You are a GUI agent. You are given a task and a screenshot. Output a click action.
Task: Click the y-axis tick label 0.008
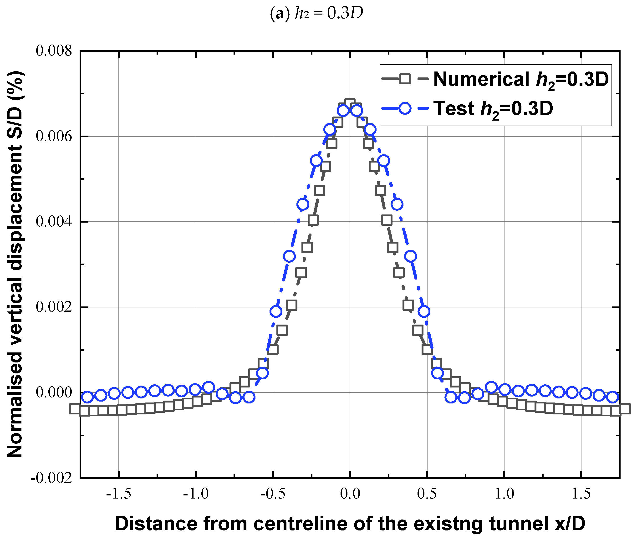(54, 51)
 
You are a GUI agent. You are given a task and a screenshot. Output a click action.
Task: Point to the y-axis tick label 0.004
(54, 221)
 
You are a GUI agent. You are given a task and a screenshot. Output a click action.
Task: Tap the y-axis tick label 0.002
(54, 307)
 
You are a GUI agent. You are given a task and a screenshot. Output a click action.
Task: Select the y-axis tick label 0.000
(54, 392)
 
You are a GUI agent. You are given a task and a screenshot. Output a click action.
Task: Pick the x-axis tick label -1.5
(118, 494)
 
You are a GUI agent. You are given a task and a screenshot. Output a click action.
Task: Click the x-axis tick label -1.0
(196, 494)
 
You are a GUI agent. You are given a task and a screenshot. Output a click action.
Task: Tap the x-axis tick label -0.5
(273, 494)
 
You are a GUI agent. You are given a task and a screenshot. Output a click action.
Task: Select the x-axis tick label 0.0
(350, 494)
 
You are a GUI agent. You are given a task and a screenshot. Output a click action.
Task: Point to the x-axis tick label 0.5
(427, 494)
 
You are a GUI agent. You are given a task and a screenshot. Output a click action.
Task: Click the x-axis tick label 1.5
(581, 494)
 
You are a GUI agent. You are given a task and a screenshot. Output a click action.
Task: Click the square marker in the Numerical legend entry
(405, 79)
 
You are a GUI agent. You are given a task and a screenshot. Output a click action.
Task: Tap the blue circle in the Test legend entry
(405, 108)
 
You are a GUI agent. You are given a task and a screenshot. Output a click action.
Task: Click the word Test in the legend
(454, 108)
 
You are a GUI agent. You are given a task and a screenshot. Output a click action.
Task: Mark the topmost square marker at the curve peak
(350, 104)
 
